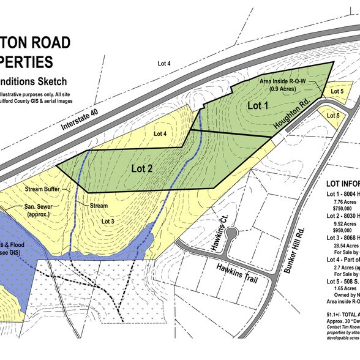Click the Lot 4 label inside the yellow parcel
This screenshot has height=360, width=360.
(x=161, y=133)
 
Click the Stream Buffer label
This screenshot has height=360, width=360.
(x=43, y=190)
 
